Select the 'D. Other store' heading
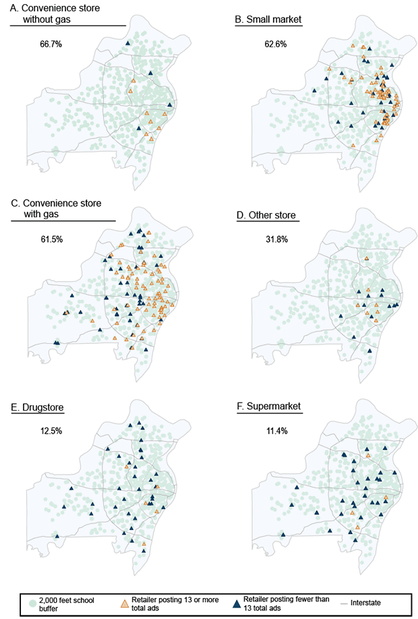[x=265, y=215]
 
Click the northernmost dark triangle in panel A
[x=129, y=44]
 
